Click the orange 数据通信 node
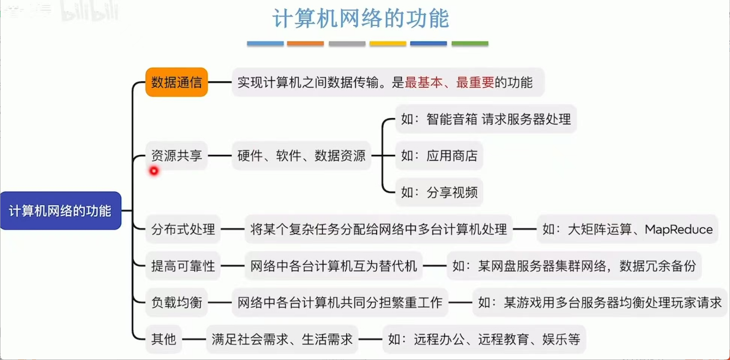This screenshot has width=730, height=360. point(176,82)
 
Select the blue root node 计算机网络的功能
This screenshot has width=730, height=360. point(60,211)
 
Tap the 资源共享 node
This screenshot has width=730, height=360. point(176,155)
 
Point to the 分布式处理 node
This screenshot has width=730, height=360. point(183,229)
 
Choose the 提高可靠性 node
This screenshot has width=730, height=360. point(183,266)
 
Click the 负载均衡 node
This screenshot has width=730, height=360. point(176,302)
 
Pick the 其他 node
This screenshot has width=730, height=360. point(164,339)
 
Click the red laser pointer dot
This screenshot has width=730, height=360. point(154,171)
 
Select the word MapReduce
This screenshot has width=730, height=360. point(679,229)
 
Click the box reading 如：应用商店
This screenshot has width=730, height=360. point(439,155)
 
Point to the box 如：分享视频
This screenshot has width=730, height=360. point(439,192)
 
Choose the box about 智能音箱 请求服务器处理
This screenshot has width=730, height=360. point(486,119)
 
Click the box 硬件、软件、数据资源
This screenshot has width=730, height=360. point(301,155)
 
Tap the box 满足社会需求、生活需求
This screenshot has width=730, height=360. point(282,339)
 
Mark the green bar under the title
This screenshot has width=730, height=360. point(470,44)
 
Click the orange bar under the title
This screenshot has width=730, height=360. point(305,44)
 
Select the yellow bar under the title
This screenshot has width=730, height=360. point(388,44)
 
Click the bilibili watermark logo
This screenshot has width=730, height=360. point(90,11)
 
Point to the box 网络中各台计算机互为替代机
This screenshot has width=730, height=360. point(333,266)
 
